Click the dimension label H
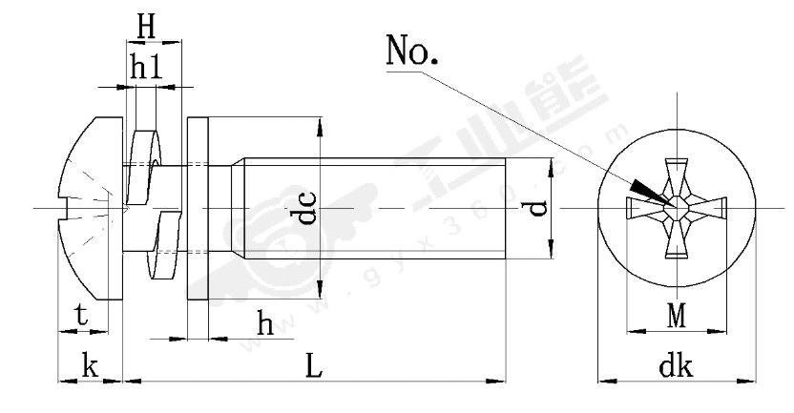(145, 28)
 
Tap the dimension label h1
(145, 67)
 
